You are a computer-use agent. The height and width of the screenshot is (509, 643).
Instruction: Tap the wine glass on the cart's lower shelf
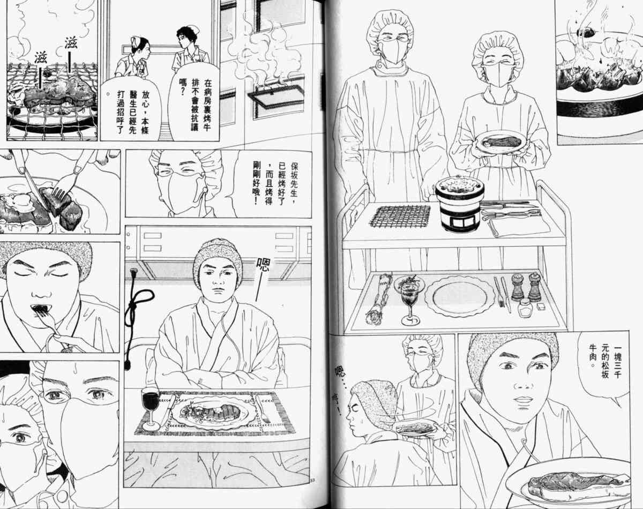[x=410, y=300]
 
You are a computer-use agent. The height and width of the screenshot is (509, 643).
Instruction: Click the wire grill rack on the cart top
[x=400, y=216]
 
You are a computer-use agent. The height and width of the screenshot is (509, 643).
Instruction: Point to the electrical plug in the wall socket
[x=133, y=273]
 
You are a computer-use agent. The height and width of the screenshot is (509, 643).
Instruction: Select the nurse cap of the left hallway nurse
[x=136, y=40]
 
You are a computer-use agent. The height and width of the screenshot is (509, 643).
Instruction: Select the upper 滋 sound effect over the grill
[x=71, y=43]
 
